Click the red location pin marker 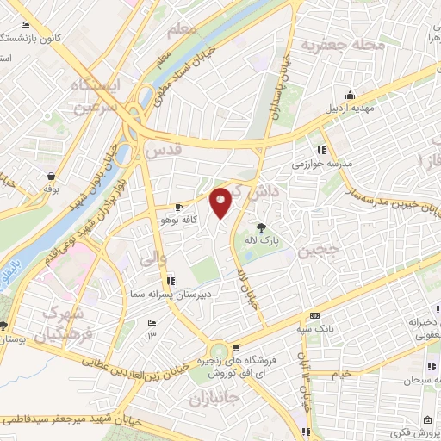tap(221, 202)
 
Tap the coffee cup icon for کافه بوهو tap(179, 207)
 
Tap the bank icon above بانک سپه tap(314, 315)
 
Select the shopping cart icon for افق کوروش tap(212, 348)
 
